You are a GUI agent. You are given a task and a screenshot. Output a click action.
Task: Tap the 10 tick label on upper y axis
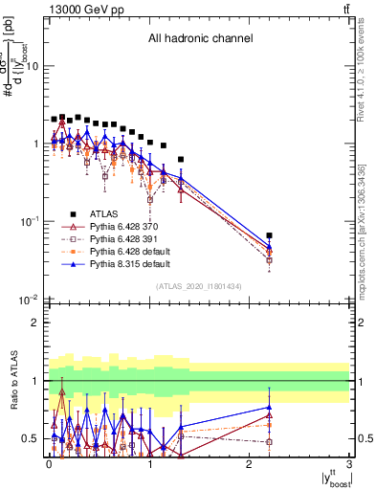[33, 67]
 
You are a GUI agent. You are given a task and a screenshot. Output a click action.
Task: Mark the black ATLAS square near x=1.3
[181, 159]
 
